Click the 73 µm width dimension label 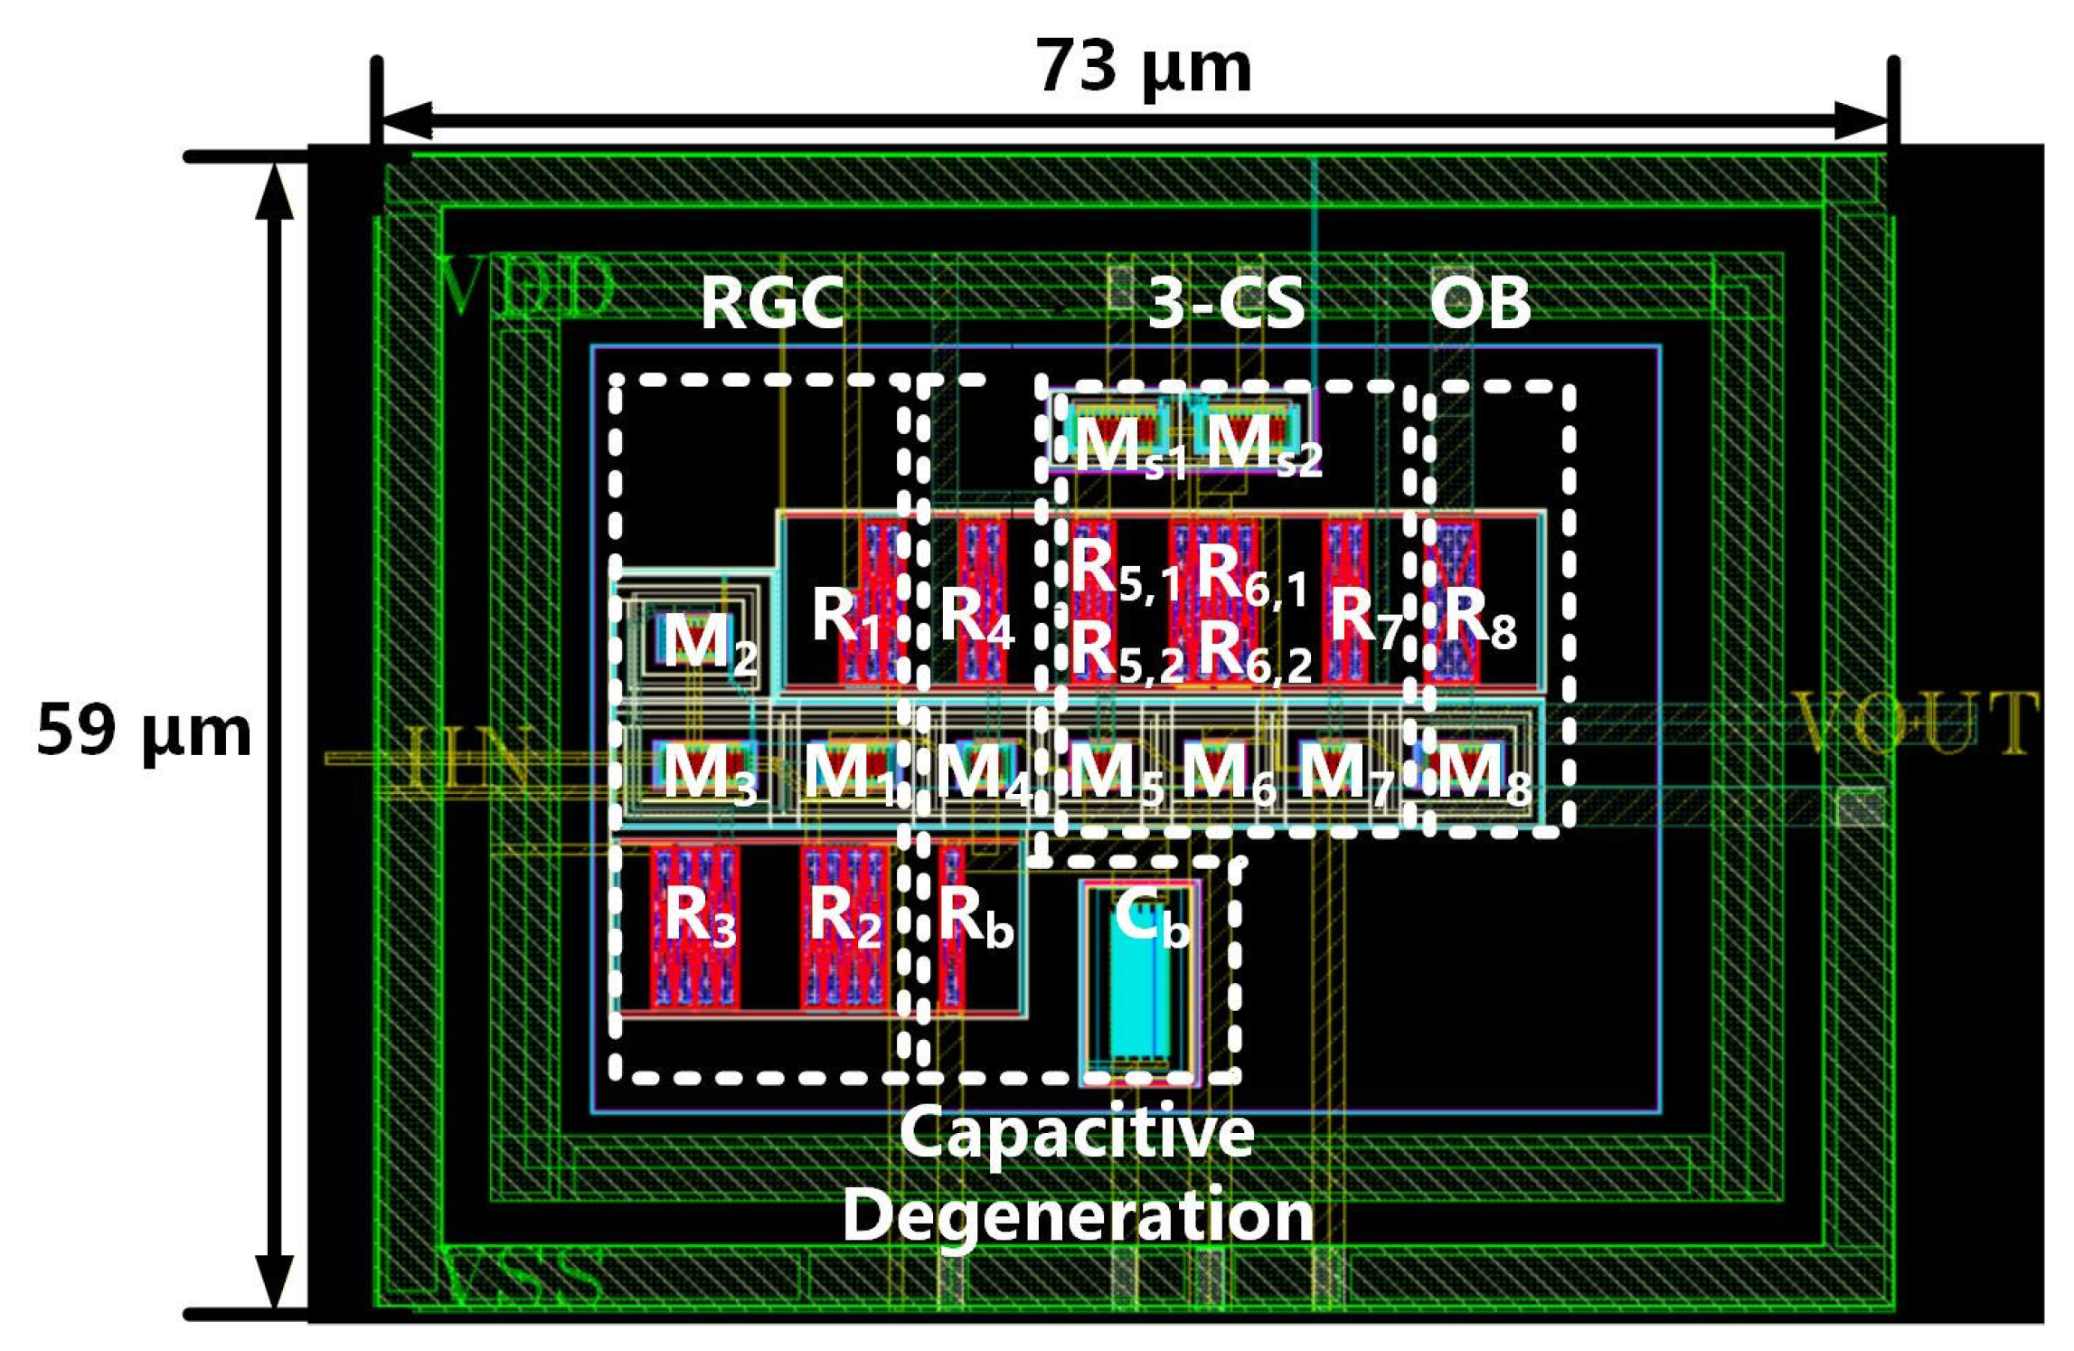point(1143,69)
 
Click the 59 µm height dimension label point(143,731)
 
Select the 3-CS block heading point(1225,303)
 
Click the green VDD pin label point(525,288)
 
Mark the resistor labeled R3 point(695,928)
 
